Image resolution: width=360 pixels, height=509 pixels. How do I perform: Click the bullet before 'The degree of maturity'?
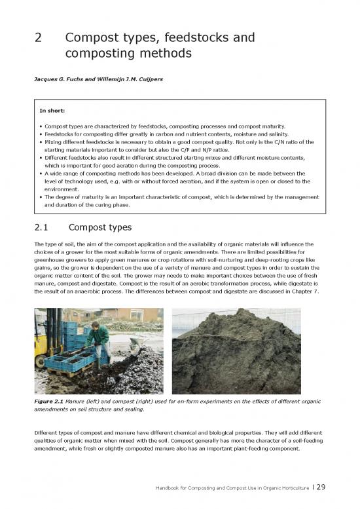(41, 197)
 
